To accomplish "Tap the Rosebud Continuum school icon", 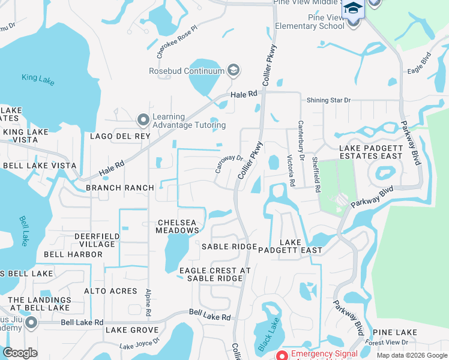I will click(x=234, y=71).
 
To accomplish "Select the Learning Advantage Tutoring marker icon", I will click(x=143, y=121).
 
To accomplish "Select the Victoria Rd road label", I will click(x=291, y=170).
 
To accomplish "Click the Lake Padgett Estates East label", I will click(x=370, y=152).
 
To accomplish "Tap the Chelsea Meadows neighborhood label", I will click(x=176, y=226).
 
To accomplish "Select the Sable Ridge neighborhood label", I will click(x=229, y=247).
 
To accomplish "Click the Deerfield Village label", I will click(x=95, y=240).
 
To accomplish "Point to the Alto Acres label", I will click(x=111, y=291).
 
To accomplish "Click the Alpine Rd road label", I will click(x=148, y=302).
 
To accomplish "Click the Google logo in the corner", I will click(x=20, y=353).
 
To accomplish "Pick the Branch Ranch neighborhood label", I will click(x=120, y=188).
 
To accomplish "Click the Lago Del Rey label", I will click(x=119, y=136).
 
